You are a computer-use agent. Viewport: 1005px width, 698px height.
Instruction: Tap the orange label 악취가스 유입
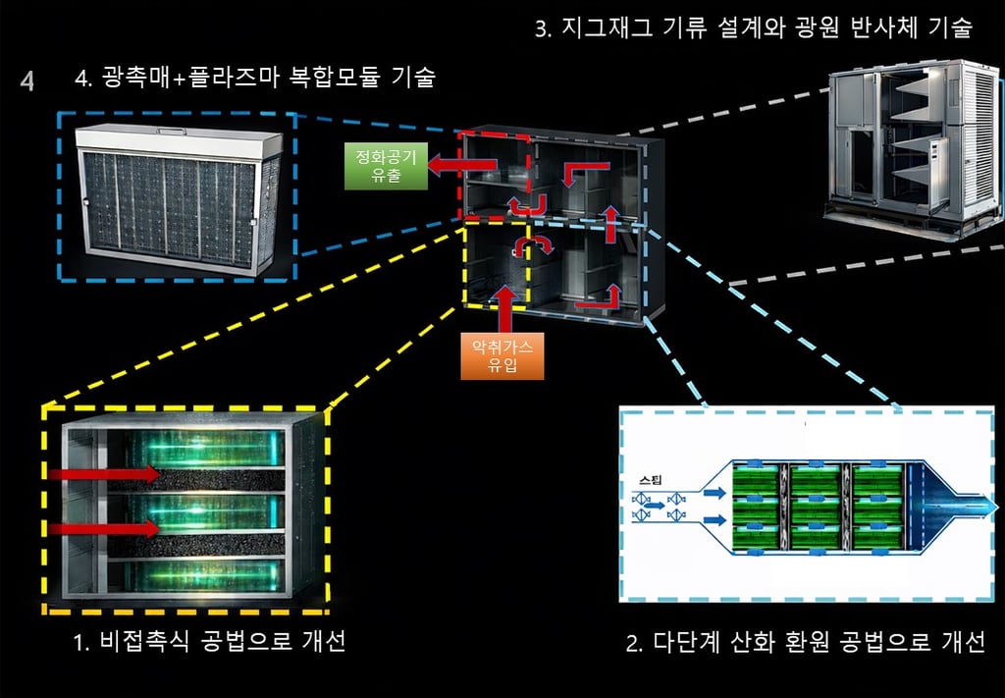pos(501,356)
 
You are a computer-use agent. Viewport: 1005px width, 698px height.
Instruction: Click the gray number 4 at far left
pos(26,81)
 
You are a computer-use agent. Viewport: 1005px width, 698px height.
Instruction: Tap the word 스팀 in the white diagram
pos(650,480)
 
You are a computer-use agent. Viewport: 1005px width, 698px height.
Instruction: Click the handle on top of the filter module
pos(179,129)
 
